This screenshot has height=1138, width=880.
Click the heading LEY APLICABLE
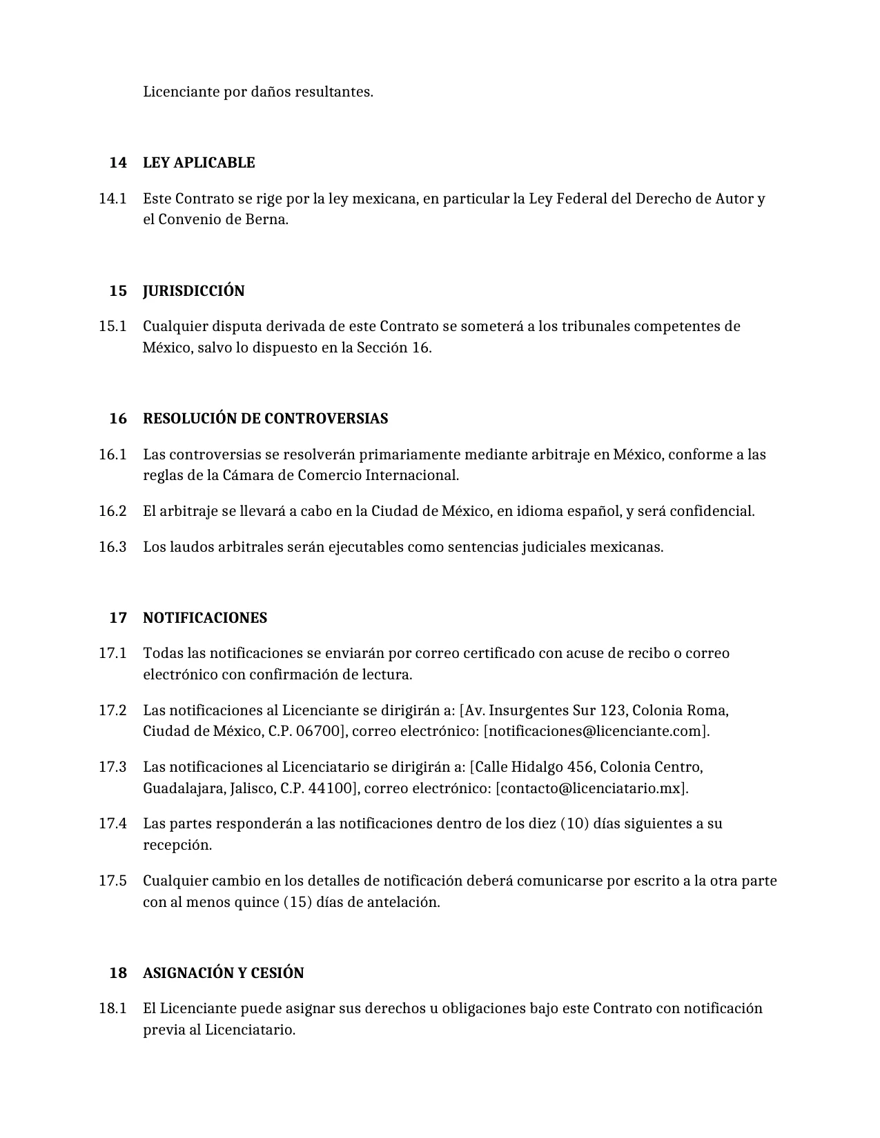(199, 163)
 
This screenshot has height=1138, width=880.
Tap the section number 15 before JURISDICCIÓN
(118, 291)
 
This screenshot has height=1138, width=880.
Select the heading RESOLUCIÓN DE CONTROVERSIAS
(265, 419)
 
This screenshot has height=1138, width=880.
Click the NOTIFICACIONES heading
(204, 618)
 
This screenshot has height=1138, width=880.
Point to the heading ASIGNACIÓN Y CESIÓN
(223, 973)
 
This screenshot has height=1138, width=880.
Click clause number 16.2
(113, 511)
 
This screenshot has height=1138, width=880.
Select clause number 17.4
(113, 823)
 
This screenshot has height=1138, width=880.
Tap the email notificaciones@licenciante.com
(596, 731)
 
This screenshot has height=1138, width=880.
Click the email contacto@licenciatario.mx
(591, 788)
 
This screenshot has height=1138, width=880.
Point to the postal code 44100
(331, 788)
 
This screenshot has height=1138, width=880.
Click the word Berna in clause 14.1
(265, 220)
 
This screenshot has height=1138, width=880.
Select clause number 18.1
(113, 1008)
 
